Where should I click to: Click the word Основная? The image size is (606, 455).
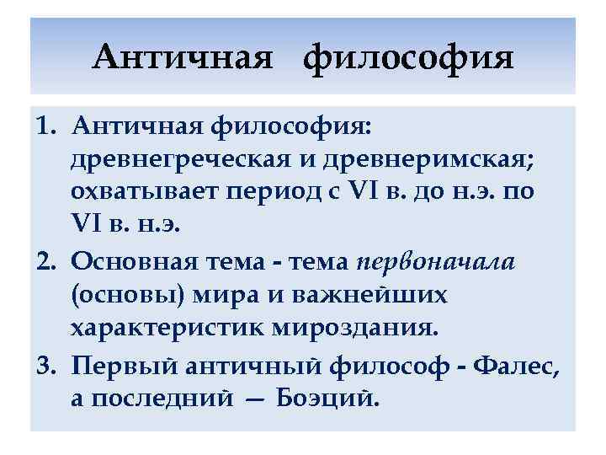pyautogui.click(x=132, y=262)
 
